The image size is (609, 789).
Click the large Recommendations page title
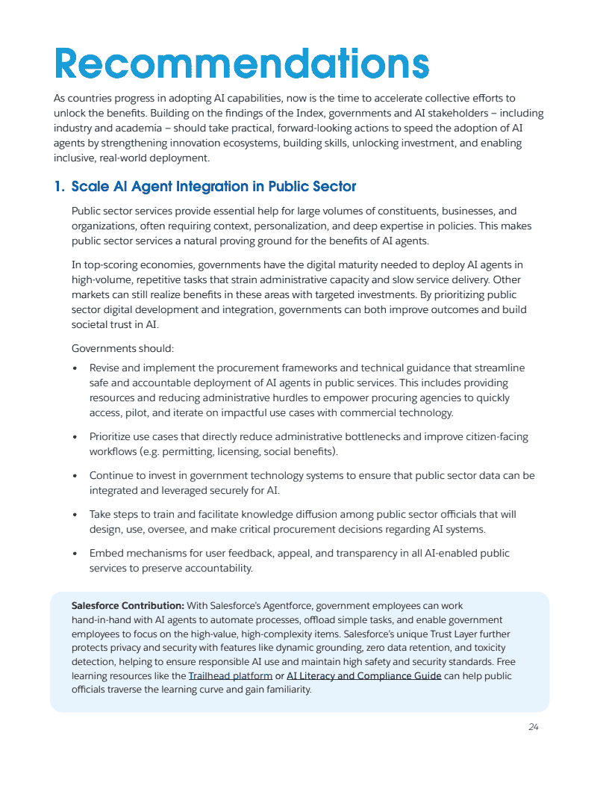coord(242,64)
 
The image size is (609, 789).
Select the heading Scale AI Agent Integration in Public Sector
coord(213,187)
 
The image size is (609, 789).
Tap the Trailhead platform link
coord(230,676)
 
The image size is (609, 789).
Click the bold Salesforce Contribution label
coord(128,606)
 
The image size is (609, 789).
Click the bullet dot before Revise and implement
coord(75,369)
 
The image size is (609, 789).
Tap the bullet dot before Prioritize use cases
coord(75,437)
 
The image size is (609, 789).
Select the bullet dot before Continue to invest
coord(75,476)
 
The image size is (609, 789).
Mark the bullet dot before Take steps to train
coord(75,515)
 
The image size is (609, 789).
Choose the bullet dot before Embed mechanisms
coord(75,554)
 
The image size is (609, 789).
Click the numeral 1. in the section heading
coord(60,187)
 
